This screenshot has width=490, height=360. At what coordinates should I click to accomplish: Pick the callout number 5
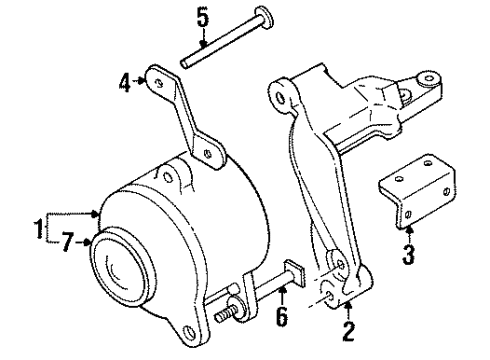point(203,17)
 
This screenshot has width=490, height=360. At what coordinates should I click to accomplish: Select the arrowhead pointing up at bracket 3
point(407,232)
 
